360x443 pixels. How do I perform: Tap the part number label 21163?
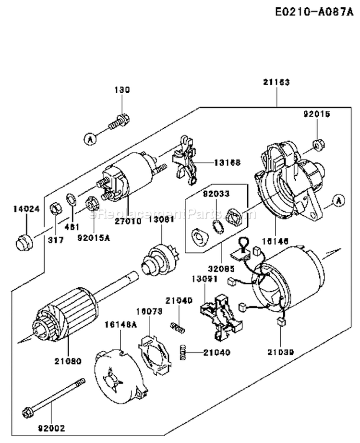tap(276, 83)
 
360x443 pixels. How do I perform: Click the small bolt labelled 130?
tap(118, 121)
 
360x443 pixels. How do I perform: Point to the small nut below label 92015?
tap(317, 143)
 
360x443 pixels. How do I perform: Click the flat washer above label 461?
tap(71, 199)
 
